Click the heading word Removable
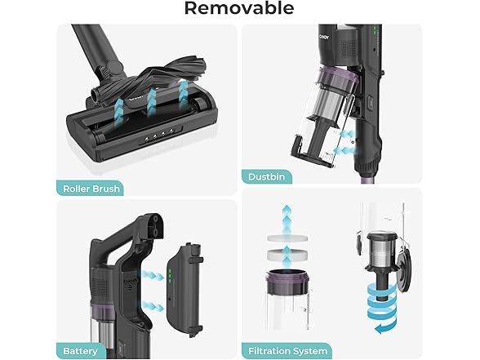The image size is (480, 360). pos(239,8)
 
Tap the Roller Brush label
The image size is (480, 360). pos(91,189)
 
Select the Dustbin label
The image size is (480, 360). pos(266,176)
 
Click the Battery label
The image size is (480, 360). pos(80,351)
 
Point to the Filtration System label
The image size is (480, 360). pos(287,351)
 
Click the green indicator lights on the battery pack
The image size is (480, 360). pos(169,276)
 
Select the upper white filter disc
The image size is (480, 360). pos(287,238)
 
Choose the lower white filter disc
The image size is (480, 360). pos(287,255)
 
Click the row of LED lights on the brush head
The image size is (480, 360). pos(159,135)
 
